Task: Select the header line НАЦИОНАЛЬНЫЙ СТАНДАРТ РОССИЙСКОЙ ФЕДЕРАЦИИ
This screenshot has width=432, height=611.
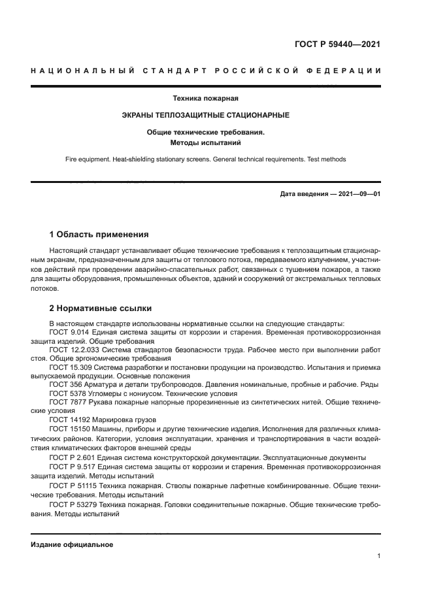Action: [205, 70]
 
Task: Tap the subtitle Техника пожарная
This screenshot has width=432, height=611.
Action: [205, 99]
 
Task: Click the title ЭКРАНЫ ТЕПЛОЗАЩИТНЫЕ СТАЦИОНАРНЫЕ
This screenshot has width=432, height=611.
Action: [205, 115]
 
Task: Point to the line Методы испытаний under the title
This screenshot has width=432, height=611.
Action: [205, 141]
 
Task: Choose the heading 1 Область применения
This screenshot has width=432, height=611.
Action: [99, 234]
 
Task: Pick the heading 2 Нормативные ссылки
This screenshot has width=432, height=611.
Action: [101, 308]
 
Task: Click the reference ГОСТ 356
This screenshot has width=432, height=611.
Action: [63, 385]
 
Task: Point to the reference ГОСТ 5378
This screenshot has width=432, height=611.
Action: [65, 394]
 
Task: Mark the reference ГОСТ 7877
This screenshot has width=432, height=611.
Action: [65, 403]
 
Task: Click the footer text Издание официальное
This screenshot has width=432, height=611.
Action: [72, 544]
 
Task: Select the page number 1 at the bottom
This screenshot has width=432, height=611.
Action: [378, 556]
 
